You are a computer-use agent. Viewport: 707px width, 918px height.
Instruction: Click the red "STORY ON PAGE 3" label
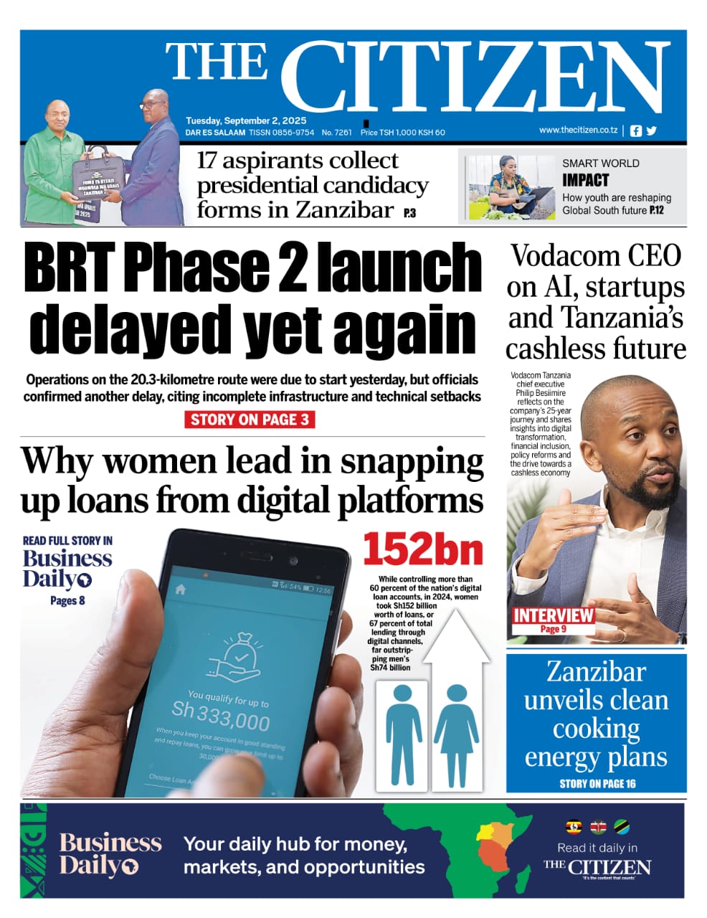pos(250,420)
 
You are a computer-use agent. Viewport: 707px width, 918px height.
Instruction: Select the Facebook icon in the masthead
pos(636,131)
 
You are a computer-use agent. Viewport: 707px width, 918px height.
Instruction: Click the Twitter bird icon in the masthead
pos(651,131)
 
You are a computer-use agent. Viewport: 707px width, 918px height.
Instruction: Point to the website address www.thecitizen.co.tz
pos(578,130)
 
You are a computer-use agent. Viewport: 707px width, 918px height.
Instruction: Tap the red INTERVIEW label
pos(553,615)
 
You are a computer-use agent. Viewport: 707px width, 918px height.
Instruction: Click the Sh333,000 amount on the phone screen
pos(221,714)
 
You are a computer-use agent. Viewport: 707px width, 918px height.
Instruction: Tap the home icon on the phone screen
pos(181,589)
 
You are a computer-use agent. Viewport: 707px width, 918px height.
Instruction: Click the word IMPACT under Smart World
pos(585,180)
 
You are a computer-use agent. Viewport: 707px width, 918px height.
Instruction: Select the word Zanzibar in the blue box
pos(596,671)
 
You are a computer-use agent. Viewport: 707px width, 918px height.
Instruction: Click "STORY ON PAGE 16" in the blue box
pos(597,783)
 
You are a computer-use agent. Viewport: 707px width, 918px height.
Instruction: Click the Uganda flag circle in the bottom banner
pos(574,826)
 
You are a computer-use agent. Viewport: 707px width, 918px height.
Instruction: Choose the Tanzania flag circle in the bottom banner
pos(621,826)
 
